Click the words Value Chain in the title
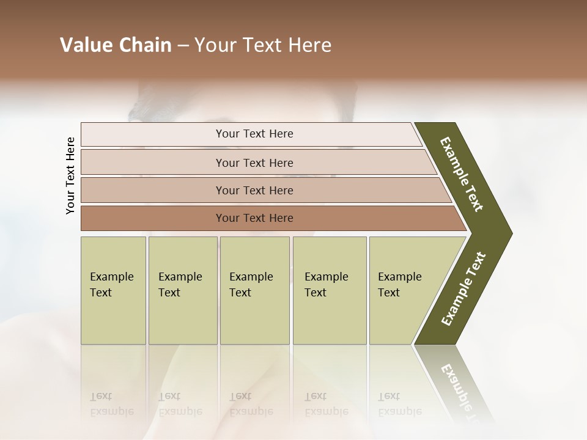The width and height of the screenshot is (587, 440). pos(116,45)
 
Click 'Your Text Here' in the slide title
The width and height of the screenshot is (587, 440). pos(263,45)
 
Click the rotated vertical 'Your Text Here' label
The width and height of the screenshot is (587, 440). pos(70,175)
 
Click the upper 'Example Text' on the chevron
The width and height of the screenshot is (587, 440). pos(462,174)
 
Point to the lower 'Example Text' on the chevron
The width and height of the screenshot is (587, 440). pos(463,288)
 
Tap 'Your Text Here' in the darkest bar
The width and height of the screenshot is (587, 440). pos(254,218)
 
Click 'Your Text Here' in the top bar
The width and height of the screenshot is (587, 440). pos(254,134)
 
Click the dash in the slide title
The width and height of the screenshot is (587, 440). pos(183,46)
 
